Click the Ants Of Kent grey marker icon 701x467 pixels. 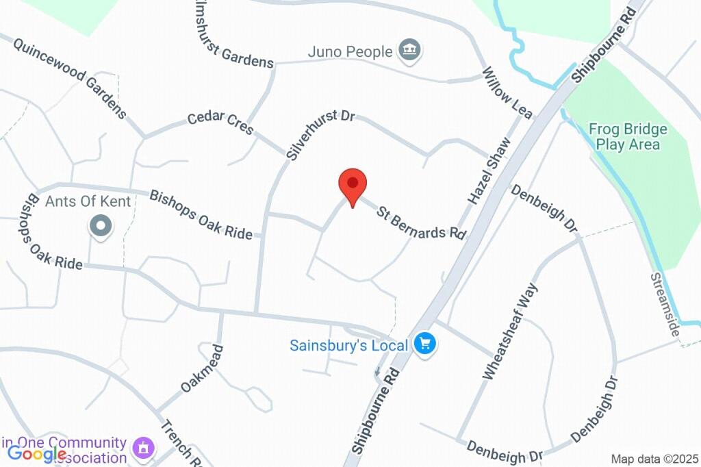(x=101, y=226)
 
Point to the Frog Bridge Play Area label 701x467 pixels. (x=628, y=137)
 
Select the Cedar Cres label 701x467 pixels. (x=220, y=122)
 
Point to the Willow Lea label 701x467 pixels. (x=507, y=93)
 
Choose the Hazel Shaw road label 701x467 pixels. (x=489, y=171)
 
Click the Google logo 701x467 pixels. (x=37, y=453)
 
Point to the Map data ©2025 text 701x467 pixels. (x=654, y=459)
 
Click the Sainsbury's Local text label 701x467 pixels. (x=349, y=345)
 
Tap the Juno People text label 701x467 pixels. (x=350, y=51)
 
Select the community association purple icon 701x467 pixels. (x=143, y=449)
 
